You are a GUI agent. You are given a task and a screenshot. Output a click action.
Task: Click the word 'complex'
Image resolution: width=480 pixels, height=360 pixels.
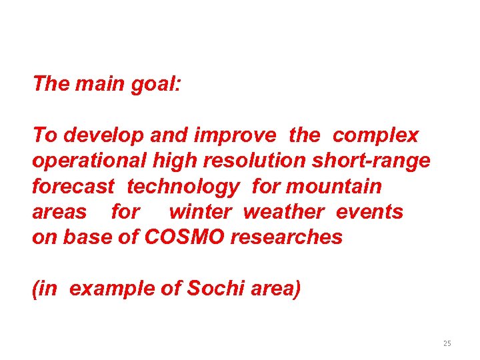375,135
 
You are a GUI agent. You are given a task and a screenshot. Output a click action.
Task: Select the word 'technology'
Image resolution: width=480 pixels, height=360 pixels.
183,187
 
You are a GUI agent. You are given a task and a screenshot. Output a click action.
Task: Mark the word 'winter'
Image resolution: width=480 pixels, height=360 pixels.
200,211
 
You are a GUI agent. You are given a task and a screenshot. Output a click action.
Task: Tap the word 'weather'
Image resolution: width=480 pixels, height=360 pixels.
284,211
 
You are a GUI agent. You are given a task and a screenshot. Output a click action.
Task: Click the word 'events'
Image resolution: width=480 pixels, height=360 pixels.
369,211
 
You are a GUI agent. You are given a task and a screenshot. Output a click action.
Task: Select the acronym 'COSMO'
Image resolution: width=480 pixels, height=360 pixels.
185,237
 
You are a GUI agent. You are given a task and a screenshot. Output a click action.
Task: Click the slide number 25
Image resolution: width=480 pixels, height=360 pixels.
447,343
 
